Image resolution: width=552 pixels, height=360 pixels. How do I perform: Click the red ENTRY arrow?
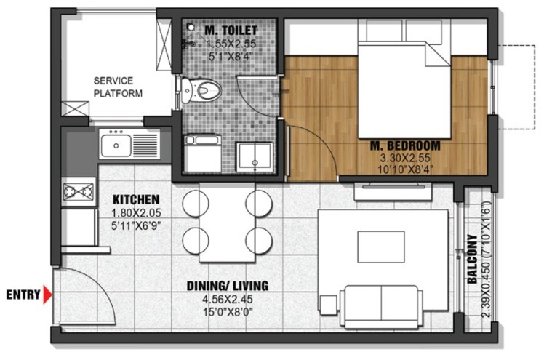(x=47, y=295)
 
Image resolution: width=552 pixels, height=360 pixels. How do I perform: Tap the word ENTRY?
(x=23, y=295)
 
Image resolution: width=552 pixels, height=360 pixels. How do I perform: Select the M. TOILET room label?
(x=231, y=31)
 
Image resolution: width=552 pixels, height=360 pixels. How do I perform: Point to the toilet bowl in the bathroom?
(x=201, y=90)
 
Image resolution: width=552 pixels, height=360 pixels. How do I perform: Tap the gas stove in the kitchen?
(x=79, y=191)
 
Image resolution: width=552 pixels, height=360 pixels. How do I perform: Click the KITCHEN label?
(x=136, y=199)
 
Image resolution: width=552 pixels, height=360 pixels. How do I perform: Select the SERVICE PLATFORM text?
(x=118, y=87)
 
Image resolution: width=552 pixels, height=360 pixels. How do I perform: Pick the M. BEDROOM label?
(x=405, y=145)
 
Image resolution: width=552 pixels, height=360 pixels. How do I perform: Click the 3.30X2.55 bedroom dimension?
(x=405, y=158)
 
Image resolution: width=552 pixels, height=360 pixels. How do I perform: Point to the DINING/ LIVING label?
(x=228, y=285)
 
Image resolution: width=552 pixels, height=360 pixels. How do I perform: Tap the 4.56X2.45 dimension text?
(x=228, y=299)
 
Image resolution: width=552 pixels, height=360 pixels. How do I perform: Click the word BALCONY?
(x=473, y=259)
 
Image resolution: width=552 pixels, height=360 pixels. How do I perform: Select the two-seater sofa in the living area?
(x=381, y=306)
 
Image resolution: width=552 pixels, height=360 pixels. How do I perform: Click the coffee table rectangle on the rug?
(x=381, y=247)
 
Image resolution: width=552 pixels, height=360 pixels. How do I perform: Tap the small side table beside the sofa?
(x=329, y=305)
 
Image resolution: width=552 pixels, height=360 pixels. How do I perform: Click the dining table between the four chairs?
(x=227, y=222)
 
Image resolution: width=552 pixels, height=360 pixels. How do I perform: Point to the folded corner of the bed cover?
(x=437, y=55)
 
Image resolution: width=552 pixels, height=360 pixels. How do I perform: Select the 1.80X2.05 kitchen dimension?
(x=136, y=213)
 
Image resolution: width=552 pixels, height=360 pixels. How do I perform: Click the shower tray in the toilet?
(x=254, y=157)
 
